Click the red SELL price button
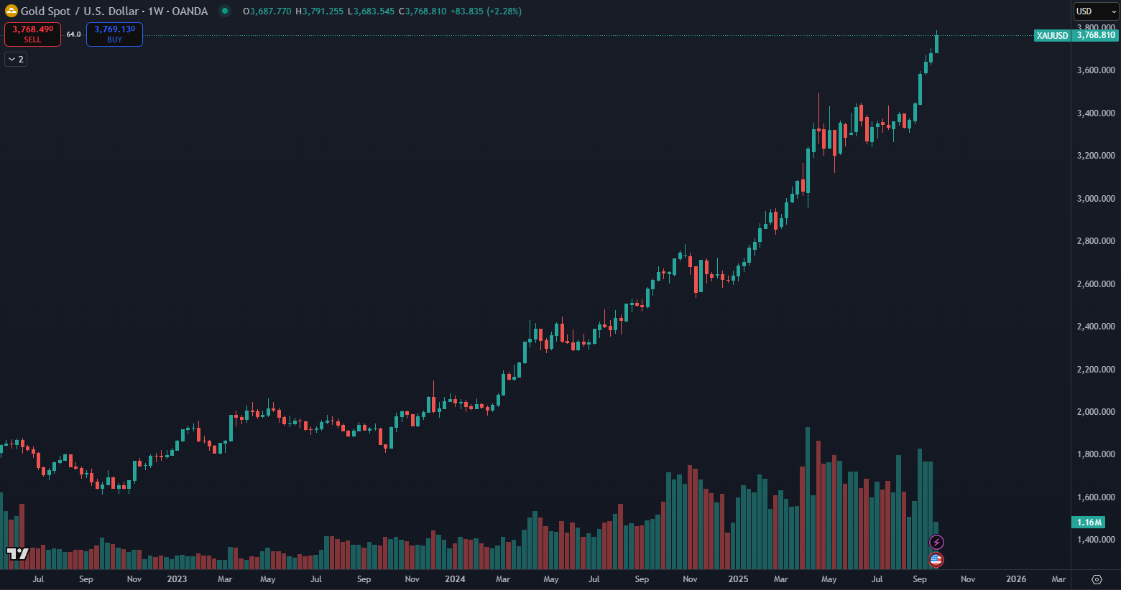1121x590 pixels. click(32, 34)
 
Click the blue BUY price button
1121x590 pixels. click(114, 34)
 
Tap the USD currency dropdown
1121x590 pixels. click(1096, 11)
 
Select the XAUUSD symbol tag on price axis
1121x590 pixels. click(1052, 35)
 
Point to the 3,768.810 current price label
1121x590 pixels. click(1095, 35)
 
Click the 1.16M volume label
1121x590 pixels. click(1088, 523)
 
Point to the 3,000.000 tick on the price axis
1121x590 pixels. click(1095, 199)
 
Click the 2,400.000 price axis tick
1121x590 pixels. click(1095, 327)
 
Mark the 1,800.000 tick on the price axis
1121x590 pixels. click(1095, 454)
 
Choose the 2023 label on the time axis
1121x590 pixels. click(177, 579)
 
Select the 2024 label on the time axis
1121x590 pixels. click(455, 579)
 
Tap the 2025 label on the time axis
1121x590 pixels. click(738, 579)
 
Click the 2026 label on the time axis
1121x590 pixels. click(1016, 579)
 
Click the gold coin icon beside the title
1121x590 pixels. click(11, 11)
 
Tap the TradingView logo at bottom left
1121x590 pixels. click(17, 553)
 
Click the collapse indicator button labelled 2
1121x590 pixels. click(16, 59)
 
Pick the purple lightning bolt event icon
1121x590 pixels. click(936, 542)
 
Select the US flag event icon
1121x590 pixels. click(936, 559)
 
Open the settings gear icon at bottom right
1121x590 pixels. click(1097, 579)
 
